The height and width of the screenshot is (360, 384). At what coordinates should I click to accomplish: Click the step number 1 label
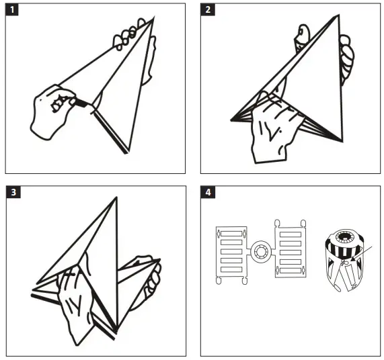(12, 10)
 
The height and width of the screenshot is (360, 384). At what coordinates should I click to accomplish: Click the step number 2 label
(208, 10)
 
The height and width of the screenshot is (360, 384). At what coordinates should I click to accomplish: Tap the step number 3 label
(12, 192)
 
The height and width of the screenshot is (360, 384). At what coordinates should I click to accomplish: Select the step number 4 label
(208, 192)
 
